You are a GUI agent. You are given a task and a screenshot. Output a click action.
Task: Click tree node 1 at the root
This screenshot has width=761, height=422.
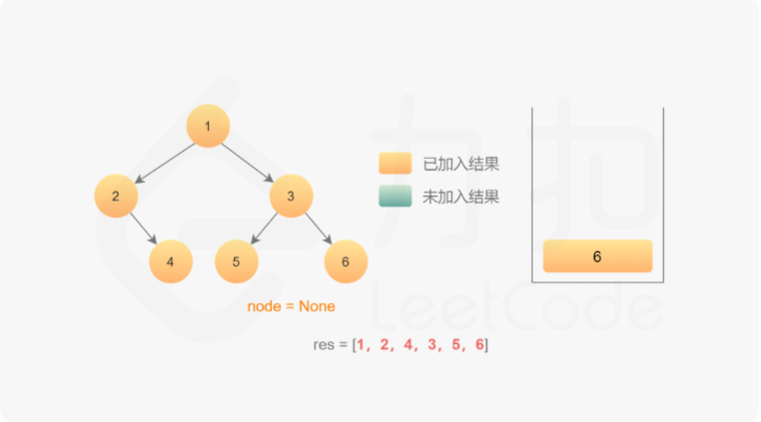208,126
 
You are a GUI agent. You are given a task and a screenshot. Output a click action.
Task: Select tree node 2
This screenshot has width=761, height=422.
116,196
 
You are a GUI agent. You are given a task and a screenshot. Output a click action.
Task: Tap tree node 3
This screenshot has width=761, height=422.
291,196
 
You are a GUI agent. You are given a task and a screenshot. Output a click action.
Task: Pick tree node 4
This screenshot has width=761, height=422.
171,261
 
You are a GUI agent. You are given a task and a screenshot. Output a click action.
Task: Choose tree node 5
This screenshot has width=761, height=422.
237,261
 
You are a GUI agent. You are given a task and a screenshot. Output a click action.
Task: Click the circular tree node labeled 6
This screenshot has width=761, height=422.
346,261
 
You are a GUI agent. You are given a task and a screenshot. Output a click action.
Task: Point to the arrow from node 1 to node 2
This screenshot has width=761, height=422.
164,162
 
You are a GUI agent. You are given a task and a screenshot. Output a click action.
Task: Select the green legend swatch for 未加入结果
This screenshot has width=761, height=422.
394,197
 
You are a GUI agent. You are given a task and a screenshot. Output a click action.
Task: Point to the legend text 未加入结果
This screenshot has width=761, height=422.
460,198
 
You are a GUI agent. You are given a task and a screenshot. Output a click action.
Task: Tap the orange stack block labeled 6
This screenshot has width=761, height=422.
597,256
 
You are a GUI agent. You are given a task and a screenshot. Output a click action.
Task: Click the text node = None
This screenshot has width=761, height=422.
292,306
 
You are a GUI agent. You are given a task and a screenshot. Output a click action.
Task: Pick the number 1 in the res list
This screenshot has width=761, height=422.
363,345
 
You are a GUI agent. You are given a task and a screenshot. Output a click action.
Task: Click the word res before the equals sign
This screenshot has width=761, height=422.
324,345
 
